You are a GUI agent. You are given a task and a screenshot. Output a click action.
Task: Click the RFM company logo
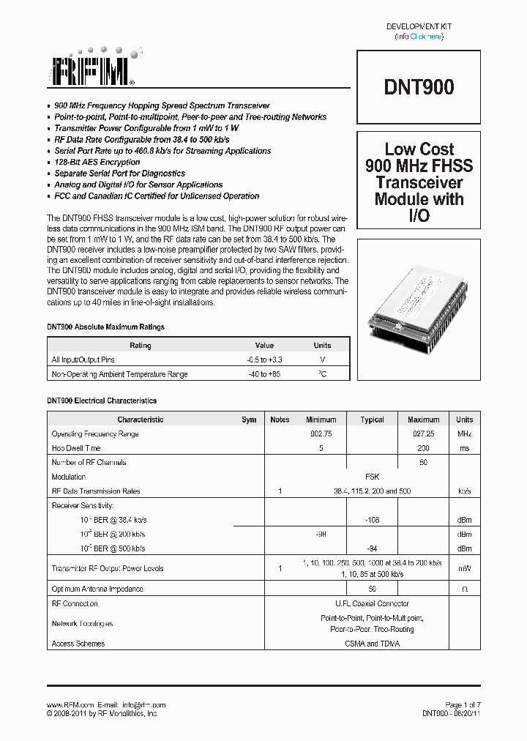pyautogui.click(x=91, y=70)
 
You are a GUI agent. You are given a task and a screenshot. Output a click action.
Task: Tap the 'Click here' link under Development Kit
pyautogui.click(x=425, y=37)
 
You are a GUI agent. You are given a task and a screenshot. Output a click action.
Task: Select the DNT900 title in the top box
pyautogui.click(x=419, y=87)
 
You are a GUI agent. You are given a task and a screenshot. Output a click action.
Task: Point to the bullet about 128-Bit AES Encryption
pyautogui.click(x=97, y=163)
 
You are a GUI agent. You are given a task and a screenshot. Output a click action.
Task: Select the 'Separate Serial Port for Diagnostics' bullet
pyautogui.click(x=119, y=174)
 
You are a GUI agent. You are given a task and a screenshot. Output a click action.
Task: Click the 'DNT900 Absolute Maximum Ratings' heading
pyautogui.click(x=106, y=327)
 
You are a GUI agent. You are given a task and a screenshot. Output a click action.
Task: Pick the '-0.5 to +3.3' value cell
pyautogui.click(x=264, y=360)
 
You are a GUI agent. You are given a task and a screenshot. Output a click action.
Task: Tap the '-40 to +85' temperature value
pyautogui.click(x=264, y=374)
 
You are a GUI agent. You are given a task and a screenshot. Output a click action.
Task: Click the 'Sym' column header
pyautogui.click(x=249, y=420)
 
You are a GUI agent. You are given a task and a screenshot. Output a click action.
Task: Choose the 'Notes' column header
pyautogui.click(x=280, y=420)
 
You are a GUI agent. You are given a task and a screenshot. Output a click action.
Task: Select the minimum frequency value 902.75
pyautogui.click(x=321, y=434)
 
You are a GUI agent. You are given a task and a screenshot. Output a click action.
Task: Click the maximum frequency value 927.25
pyautogui.click(x=423, y=434)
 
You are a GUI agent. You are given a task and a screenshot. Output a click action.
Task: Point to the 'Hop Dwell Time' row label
pyautogui.click(x=76, y=448)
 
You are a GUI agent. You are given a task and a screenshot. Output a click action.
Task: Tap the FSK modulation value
pyautogui.click(x=372, y=477)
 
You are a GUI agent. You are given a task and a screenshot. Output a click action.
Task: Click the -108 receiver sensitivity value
pyautogui.click(x=372, y=520)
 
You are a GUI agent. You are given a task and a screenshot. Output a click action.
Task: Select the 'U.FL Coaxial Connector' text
pyautogui.click(x=372, y=604)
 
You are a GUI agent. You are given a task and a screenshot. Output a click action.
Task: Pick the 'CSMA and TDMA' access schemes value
pyautogui.click(x=372, y=644)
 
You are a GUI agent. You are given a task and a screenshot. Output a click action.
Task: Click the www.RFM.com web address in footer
pyautogui.click(x=70, y=704)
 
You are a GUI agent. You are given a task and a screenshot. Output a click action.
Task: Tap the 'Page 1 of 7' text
pyautogui.click(x=463, y=704)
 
